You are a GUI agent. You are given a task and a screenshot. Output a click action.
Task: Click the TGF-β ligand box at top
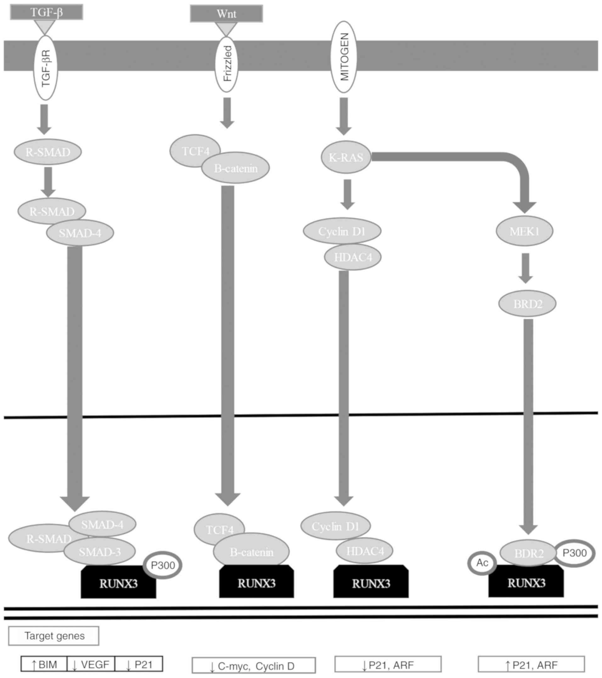click(47, 12)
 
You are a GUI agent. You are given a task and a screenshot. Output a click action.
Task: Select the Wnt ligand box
click(226, 14)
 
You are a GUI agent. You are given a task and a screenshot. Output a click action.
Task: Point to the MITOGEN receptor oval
click(345, 57)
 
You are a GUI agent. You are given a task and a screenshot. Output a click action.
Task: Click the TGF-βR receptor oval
click(45, 68)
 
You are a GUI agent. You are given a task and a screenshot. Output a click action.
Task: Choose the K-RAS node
click(346, 157)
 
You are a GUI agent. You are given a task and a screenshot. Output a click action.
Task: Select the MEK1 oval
click(524, 231)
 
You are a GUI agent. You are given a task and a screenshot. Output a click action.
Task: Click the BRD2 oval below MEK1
click(527, 303)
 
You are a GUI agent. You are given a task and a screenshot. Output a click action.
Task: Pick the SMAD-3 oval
click(99, 552)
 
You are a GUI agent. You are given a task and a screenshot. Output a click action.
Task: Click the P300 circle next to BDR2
click(574, 553)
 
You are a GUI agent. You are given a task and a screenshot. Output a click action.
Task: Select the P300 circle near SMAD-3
click(163, 565)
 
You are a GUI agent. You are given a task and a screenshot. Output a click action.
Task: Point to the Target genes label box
click(54, 636)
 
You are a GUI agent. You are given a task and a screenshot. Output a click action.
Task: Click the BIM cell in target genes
click(44, 664)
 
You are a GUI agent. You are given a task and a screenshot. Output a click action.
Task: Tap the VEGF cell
click(91, 664)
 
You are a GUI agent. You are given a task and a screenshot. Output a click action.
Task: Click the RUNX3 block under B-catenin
click(256, 583)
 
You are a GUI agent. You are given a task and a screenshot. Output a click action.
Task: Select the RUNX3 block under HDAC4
click(371, 583)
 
